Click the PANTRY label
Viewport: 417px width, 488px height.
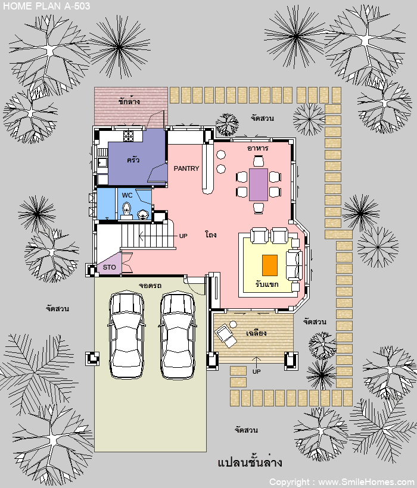[x=186, y=168]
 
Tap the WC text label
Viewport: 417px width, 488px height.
[x=127, y=195]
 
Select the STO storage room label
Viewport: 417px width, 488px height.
[x=109, y=267]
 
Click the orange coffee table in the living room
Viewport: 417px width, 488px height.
[x=270, y=265]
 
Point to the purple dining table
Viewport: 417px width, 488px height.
[x=259, y=184]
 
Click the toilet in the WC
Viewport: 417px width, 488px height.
[x=126, y=211]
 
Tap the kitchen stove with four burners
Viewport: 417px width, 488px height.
[x=128, y=136]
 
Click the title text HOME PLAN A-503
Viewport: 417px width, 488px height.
[x=46, y=6]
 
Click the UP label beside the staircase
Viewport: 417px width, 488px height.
[x=183, y=236]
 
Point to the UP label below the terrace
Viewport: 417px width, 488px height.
[x=256, y=371]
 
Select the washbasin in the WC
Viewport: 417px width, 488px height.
[x=142, y=214]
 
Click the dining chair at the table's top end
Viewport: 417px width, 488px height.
[x=259, y=161]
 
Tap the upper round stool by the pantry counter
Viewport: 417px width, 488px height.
[x=221, y=154]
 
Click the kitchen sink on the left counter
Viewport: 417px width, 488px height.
[x=102, y=162]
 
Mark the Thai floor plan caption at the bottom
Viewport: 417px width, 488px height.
[x=250, y=462]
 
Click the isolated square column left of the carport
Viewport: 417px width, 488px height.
[x=92, y=358]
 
